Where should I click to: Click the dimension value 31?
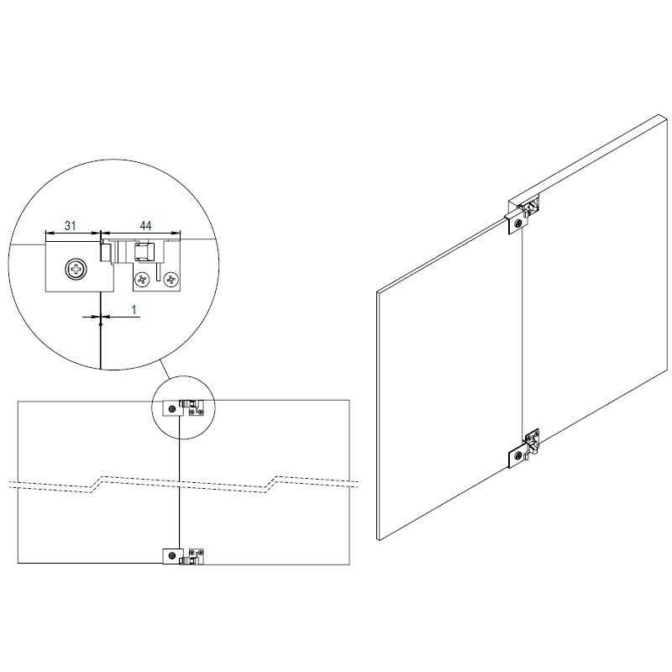click(x=71, y=225)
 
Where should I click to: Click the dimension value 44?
click(x=145, y=225)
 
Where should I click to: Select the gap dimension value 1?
click(x=134, y=309)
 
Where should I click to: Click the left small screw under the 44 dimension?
click(x=142, y=280)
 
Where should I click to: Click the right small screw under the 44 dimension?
click(x=171, y=280)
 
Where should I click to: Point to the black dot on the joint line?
click(x=100, y=324)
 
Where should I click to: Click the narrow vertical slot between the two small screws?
click(x=158, y=273)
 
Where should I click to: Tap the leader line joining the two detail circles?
click(x=165, y=370)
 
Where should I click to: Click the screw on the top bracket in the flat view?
click(x=171, y=409)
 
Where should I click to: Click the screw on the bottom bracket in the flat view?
click(x=171, y=556)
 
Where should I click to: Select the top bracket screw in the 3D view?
click(x=519, y=223)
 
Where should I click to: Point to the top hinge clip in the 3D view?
click(x=531, y=206)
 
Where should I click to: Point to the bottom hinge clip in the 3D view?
click(x=532, y=442)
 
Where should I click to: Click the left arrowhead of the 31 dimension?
click(x=50, y=234)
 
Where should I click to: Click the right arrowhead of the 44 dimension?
click(x=176, y=234)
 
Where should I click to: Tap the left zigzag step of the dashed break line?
click(x=96, y=484)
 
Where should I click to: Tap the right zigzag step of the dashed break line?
click(x=270, y=484)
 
